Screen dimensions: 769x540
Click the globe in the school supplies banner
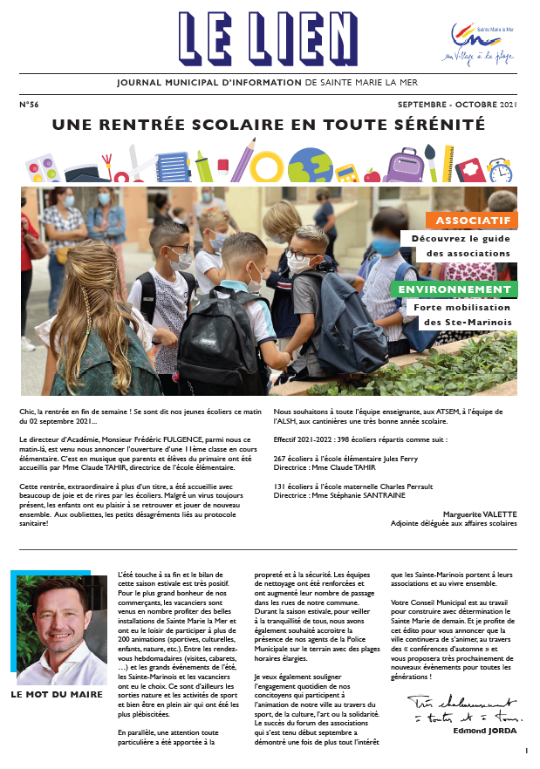coord(310,166)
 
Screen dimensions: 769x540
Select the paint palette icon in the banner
coord(40,168)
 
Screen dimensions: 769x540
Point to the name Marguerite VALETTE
coord(480,514)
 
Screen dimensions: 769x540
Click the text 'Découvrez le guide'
coord(461,237)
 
